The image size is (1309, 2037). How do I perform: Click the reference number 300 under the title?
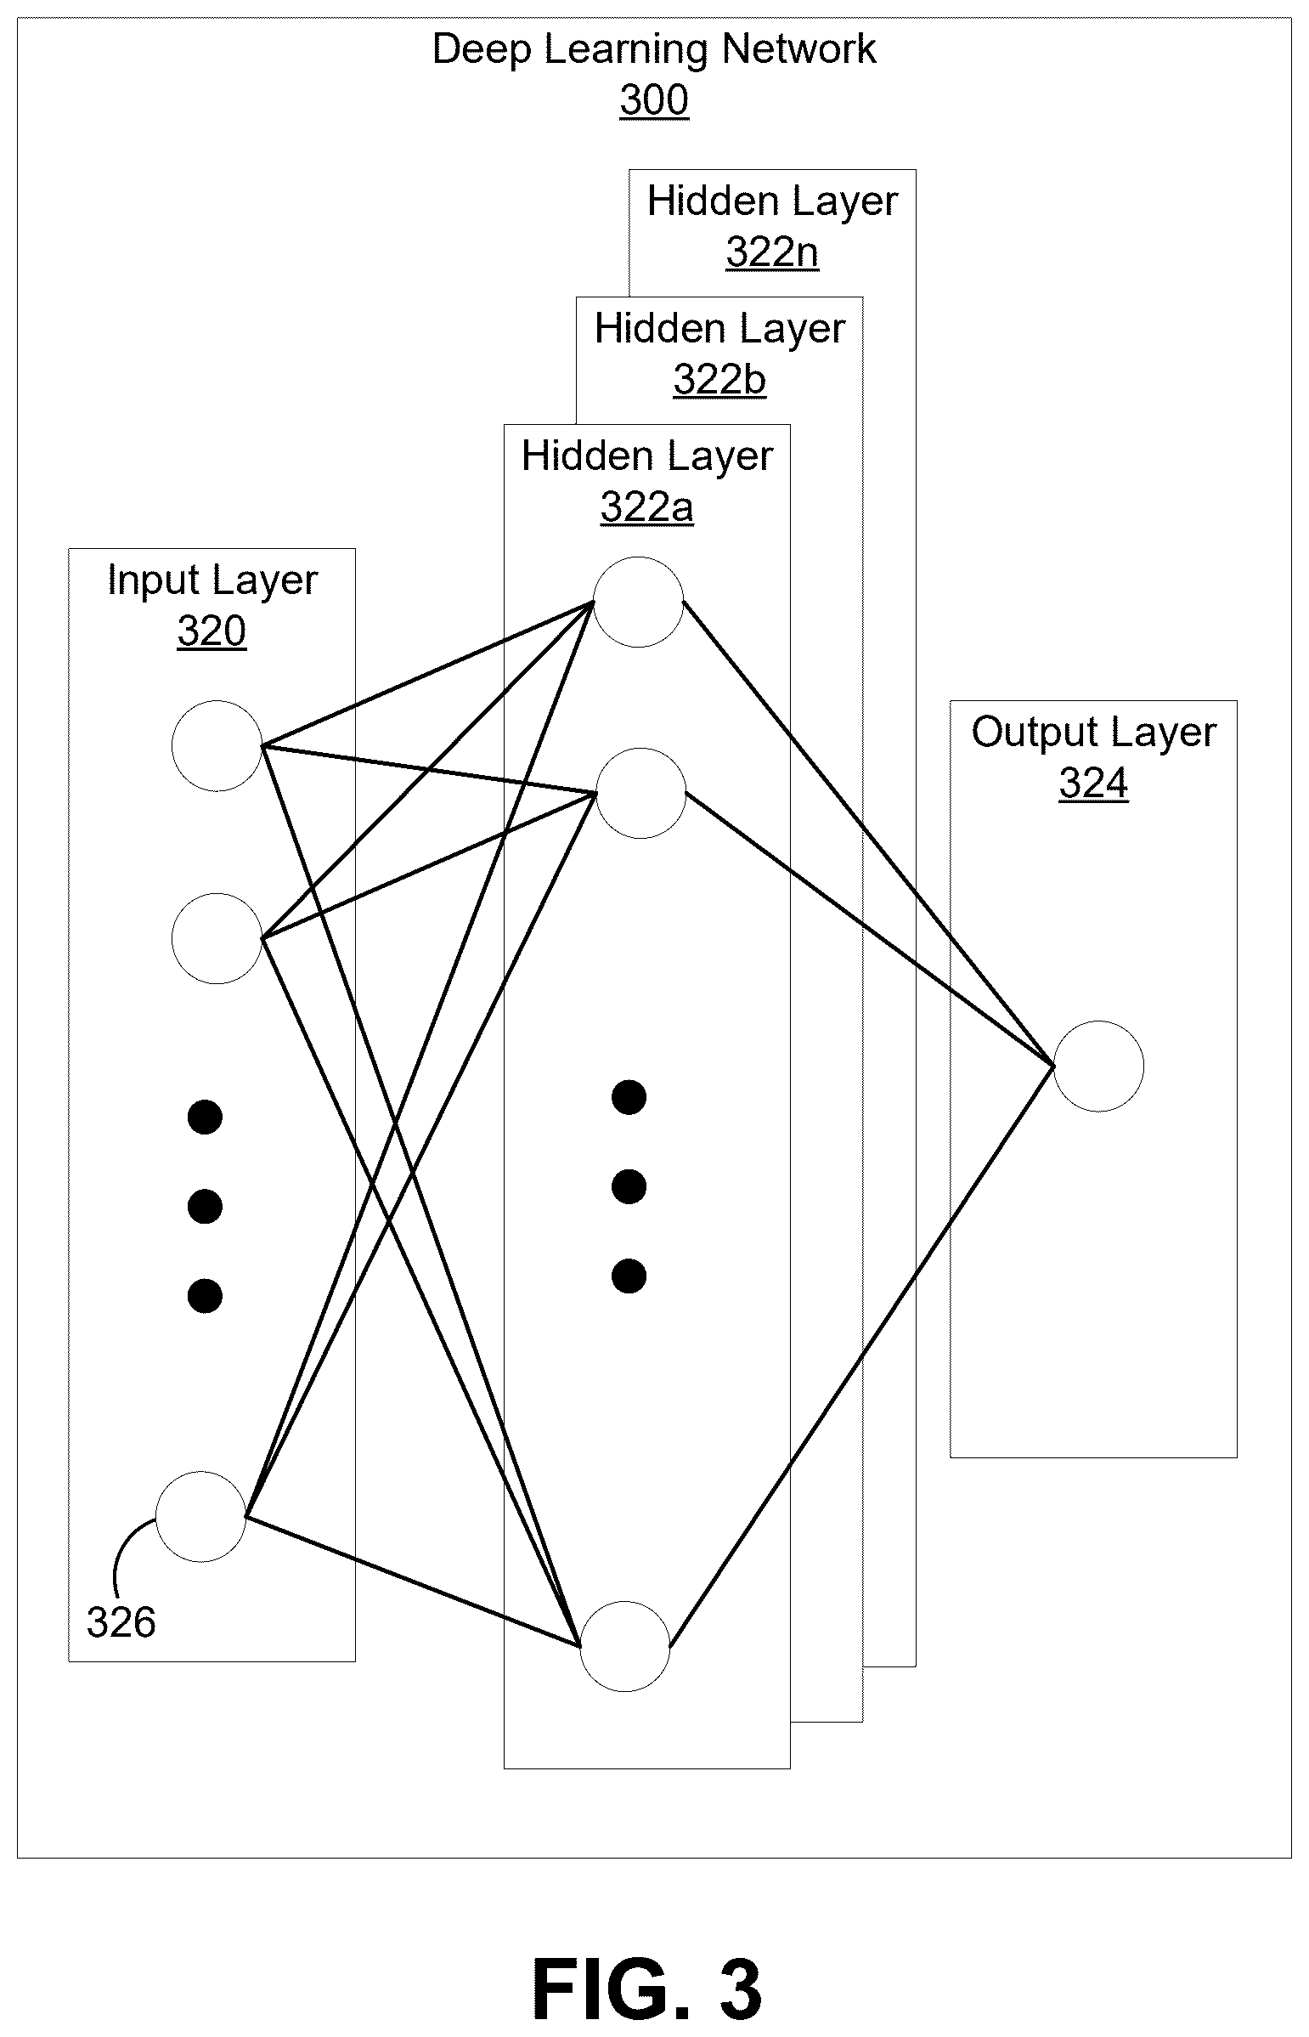pos(653,100)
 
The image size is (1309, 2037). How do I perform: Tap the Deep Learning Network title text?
pos(653,49)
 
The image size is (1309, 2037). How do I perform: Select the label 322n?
pos(772,252)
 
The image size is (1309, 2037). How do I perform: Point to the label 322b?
pos(719,380)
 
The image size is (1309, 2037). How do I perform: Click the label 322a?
pos(646,507)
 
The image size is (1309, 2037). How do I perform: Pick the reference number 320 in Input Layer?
pos(212,631)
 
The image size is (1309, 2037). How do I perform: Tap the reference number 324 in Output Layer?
pos(1093,784)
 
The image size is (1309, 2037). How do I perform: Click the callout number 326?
pos(121,1622)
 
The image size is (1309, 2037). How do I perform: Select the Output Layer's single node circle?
pos(1098,1067)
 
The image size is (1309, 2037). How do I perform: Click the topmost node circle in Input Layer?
pos(217,746)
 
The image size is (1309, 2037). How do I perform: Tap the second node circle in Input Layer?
pos(217,938)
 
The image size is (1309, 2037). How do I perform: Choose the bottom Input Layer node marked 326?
pos(200,1517)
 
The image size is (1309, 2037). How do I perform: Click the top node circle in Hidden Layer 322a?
pos(638,602)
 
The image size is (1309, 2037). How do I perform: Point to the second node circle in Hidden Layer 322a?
pos(640,793)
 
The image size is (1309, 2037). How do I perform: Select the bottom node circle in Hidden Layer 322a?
pos(625,1647)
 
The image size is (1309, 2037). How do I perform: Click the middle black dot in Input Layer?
pos(205,1207)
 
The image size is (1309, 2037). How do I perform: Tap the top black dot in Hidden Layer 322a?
pos(629,1098)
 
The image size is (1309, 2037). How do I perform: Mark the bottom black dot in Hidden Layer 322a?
pos(629,1276)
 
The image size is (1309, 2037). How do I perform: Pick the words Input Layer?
pos(212,581)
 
